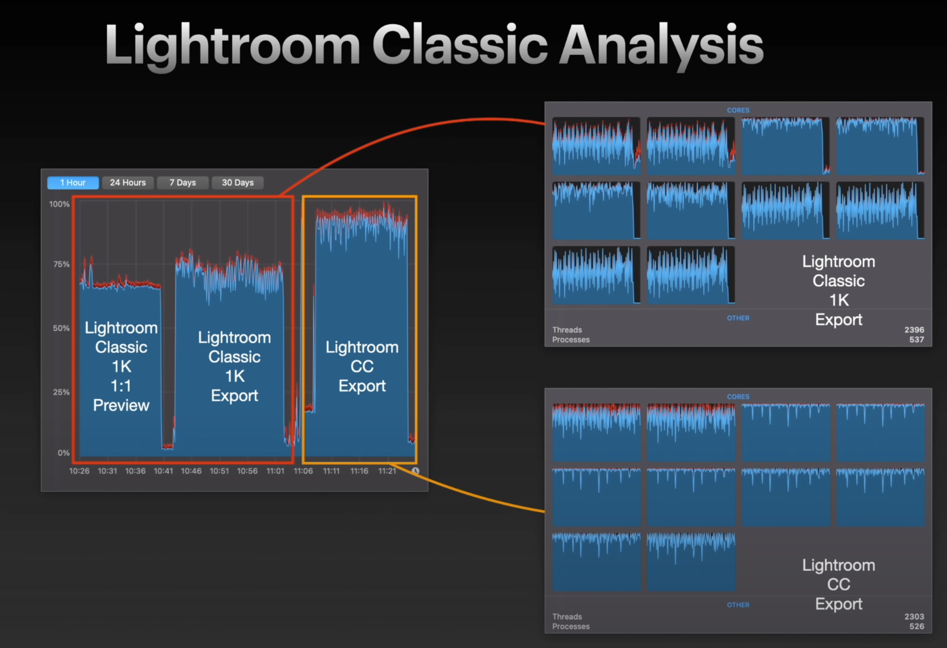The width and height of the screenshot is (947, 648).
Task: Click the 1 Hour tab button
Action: coord(73,182)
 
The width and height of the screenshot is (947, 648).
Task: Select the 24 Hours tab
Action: coord(127,182)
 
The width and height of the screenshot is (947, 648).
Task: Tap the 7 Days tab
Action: coord(182,182)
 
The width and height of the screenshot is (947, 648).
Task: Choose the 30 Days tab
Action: coord(237,182)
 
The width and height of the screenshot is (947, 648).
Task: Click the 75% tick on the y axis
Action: coord(61,264)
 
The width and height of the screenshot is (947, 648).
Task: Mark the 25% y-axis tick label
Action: coord(61,392)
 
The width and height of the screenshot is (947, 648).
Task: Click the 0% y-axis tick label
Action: coord(64,453)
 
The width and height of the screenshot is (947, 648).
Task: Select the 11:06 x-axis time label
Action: coord(303,471)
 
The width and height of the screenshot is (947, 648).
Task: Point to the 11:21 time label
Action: coord(387,471)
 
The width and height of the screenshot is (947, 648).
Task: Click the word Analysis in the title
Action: coord(661,45)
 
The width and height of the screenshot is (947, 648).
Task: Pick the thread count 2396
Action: coord(914,330)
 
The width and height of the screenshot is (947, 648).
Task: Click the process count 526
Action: coord(917,626)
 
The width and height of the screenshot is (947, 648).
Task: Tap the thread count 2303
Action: coord(914,617)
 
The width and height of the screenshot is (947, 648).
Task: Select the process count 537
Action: coord(917,339)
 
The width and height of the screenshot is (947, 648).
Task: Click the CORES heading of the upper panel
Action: coord(738,110)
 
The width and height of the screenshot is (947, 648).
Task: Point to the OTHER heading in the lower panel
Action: coord(738,605)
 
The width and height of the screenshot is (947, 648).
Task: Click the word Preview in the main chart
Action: coord(121,405)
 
